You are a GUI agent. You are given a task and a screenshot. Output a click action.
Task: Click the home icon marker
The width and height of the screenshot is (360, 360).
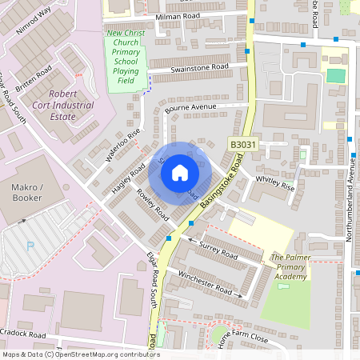tap(180, 172)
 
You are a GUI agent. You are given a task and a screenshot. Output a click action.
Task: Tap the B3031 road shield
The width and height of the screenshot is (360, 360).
tap(243, 144)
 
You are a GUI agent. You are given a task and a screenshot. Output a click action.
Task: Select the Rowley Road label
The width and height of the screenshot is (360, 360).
tap(153, 206)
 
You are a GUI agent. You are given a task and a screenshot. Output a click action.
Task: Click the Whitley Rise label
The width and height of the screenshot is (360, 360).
tap(274, 182)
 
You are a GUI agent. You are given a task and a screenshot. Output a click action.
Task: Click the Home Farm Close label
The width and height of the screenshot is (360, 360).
tap(242, 338)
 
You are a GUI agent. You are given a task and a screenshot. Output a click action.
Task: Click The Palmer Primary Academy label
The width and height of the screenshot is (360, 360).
tap(289, 266)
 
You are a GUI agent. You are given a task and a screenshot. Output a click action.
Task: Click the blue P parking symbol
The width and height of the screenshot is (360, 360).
tap(30, 246)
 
